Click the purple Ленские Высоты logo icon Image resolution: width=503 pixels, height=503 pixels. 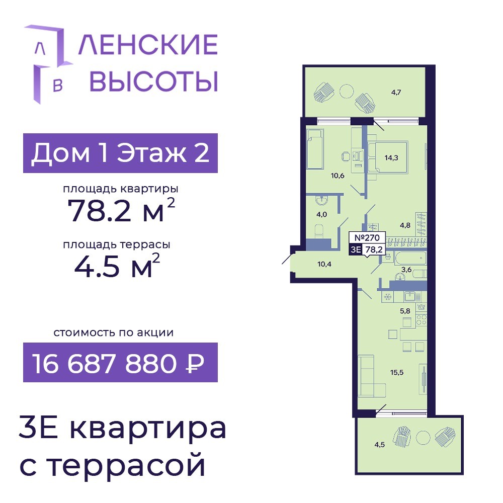point(48,64)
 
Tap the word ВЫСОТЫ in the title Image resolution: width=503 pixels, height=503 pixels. point(153,81)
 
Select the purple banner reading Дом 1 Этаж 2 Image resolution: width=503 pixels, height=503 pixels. point(120,153)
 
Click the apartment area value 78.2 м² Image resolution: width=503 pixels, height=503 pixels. point(121,210)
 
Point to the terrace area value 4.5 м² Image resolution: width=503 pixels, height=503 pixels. point(117,265)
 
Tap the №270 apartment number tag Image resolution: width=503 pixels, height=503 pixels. point(367,238)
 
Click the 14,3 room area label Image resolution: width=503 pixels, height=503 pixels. point(391,157)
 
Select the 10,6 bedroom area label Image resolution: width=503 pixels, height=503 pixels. point(338,176)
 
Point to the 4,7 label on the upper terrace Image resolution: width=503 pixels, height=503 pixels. point(396,93)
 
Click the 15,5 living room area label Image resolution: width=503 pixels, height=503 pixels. point(397,372)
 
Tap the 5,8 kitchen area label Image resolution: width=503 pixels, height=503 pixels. point(405,311)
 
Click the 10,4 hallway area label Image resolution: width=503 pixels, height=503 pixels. point(324,265)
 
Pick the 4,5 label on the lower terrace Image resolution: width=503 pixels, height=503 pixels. point(379,445)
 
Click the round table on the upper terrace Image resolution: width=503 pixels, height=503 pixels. point(347,91)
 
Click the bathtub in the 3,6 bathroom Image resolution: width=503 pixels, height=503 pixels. point(410,258)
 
